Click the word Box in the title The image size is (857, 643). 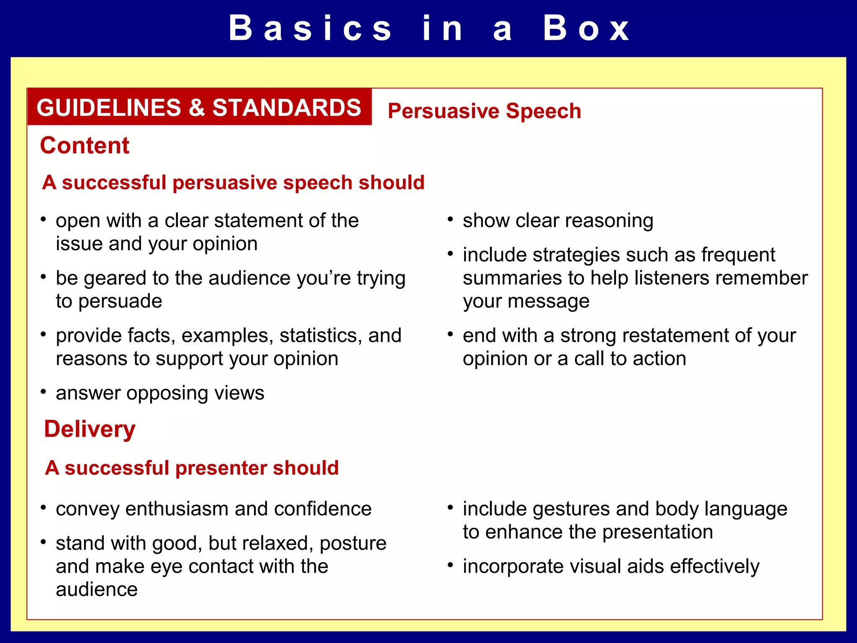(x=586, y=28)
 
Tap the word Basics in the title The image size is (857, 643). (x=310, y=28)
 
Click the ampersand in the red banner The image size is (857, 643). (x=196, y=108)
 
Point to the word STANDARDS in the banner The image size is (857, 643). (x=287, y=108)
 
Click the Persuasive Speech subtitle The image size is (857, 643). (x=484, y=111)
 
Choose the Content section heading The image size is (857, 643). (x=85, y=146)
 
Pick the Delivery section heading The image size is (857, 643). (x=90, y=430)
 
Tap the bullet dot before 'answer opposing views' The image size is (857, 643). (x=43, y=391)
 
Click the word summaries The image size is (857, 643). (x=523, y=278)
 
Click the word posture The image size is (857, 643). (x=353, y=543)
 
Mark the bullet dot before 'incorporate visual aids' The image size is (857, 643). (x=450, y=566)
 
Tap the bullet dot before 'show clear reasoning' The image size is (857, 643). (x=450, y=219)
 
